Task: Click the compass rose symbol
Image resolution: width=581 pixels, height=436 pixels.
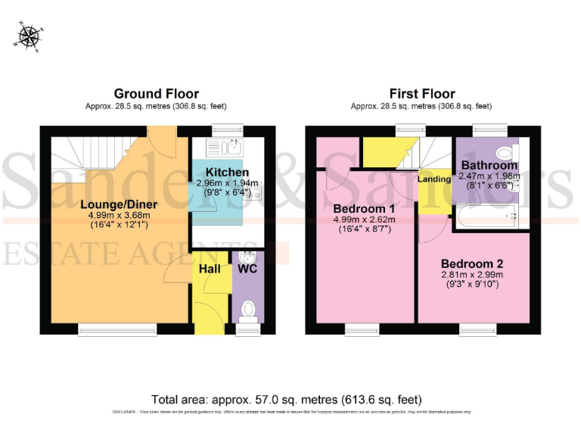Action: tap(30, 36)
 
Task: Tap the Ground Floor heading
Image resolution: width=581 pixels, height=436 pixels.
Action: tap(157, 94)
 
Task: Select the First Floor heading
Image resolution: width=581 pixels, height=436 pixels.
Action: tap(422, 94)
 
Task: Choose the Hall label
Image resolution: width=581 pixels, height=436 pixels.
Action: tap(210, 269)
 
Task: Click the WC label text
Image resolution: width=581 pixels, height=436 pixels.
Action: tap(247, 269)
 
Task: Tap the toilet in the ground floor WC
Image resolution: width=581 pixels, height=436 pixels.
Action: tap(247, 308)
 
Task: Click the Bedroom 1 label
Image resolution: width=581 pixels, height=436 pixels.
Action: tap(363, 208)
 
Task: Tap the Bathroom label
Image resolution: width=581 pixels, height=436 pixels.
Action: tap(489, 165)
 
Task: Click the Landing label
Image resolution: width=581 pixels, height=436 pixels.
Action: tap(434, 179)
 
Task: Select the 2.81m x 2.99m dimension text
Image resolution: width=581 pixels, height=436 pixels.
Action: tap(472, 274)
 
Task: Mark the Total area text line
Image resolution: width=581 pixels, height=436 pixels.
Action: tap(287, 399)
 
